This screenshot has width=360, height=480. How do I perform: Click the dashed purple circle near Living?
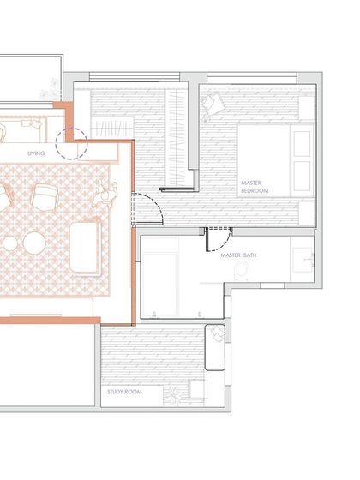pyautogui.click(x=72, y=143)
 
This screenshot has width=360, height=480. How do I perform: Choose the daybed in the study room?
pyautogui.click(x=215, y=346)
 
